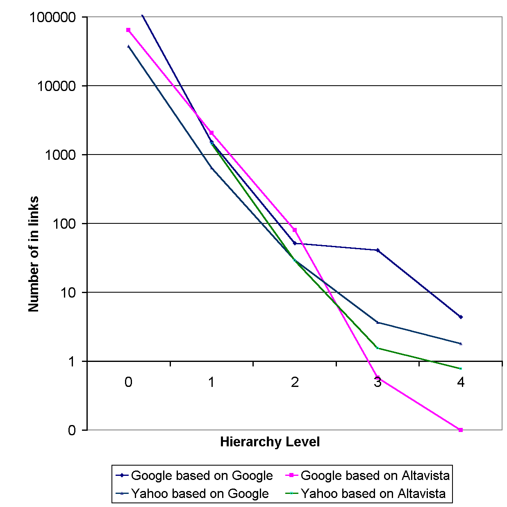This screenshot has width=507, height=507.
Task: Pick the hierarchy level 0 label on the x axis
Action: click(128, 382)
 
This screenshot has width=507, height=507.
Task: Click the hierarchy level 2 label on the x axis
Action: click(295, 382)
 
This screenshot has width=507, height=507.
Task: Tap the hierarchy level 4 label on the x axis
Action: click(461, 382)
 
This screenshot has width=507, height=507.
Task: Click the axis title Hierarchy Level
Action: click(270, 442)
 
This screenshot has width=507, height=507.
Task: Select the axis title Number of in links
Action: click(34, 254)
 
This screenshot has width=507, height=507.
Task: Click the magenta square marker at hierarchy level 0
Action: click(128, 30)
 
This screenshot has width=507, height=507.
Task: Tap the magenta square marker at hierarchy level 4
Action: click(461, 430)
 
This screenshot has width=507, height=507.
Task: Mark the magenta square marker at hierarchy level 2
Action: click(295, 230)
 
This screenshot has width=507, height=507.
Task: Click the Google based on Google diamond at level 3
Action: click(377, 250)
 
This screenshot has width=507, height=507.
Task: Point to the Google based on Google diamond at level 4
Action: click(461, 317)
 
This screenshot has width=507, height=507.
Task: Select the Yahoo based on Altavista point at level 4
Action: click(461, 368)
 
